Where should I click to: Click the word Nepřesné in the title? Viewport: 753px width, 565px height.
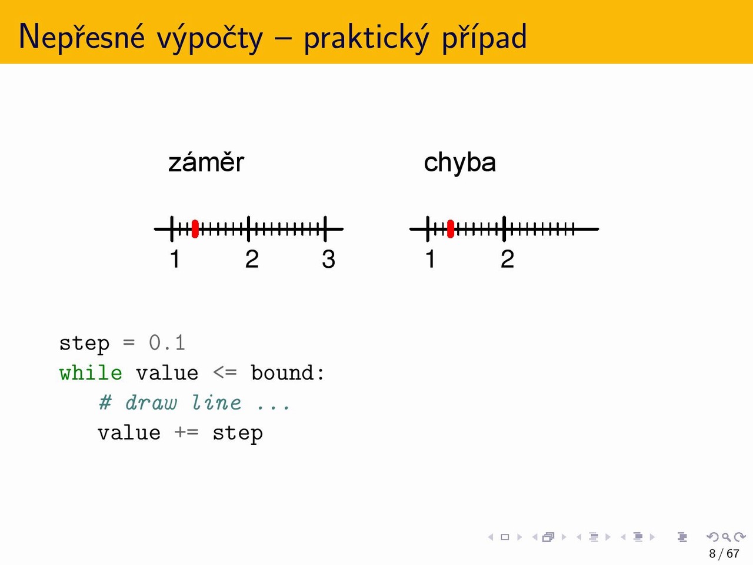(x=82, y=36)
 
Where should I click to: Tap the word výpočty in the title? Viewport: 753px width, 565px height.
(x=209, y=38)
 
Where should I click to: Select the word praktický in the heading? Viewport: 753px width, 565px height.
(x=366, y=38)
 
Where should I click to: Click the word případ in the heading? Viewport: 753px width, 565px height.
(x=484, y=38)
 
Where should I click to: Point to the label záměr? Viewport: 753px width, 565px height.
(x=206, y=162)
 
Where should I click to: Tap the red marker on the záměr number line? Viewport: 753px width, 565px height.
(x=195, y=229)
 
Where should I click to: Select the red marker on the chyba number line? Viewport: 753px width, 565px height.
(x=451, y=229)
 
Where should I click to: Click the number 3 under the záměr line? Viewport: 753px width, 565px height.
(x=328, y=259)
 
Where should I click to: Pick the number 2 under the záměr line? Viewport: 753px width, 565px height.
(x=252, y=259)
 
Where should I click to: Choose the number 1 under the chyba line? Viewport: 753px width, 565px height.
(x=430, y=259)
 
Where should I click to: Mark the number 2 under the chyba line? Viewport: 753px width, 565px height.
(x=507, y=259)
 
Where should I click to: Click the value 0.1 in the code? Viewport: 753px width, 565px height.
(x=167, y=343)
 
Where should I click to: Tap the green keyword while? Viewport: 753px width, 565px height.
(x=91, y=373)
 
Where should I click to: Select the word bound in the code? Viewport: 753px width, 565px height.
(x=282, y=373)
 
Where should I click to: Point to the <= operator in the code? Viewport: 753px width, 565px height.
(x=225, y=373)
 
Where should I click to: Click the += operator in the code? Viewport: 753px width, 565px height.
(x=186, y=432)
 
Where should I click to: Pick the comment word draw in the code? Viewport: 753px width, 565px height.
(x=151, y=403)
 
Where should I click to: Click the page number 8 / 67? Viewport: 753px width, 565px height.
(x=724, y=553)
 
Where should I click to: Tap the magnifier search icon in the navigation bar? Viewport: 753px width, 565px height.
(x=726, y=537)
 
